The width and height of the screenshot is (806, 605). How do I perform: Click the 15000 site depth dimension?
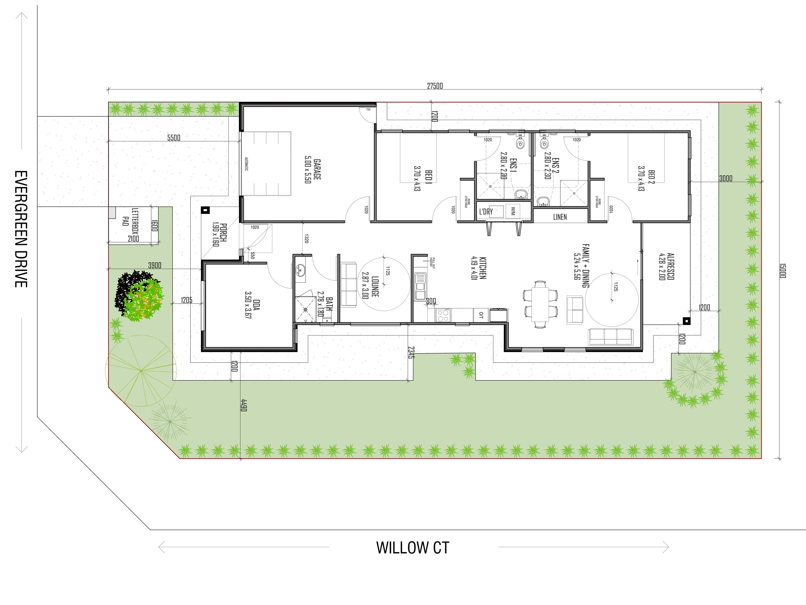point(782,271)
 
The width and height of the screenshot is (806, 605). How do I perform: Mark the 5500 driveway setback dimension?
point(174,138)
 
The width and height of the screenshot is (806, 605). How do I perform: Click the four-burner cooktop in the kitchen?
point(443,315)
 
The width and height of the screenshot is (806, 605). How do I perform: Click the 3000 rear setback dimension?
point(725,178)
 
